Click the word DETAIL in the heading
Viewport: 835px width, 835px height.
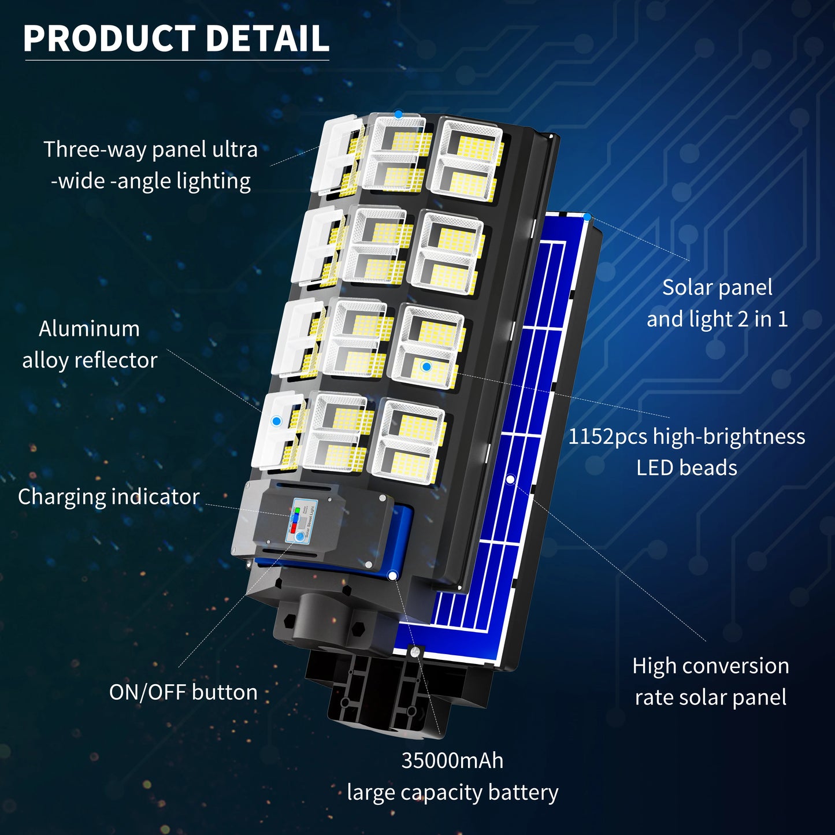point(267,39)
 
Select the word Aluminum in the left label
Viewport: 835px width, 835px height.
point(89,329)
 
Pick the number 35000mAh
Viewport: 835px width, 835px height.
point(452,760)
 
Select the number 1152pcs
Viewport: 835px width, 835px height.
point(608,437)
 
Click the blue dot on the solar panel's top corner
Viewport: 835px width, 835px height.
point(587,217)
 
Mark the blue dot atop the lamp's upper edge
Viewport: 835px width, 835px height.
point(398,114)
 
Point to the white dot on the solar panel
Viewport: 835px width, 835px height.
point(510,479)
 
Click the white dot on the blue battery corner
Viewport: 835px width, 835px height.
point(393,575)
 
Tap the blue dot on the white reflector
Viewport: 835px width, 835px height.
point(276,421)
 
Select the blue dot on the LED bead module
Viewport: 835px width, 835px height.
point(426,366)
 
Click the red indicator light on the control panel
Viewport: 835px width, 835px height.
point(294,528)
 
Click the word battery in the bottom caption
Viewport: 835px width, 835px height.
point(523,792)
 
